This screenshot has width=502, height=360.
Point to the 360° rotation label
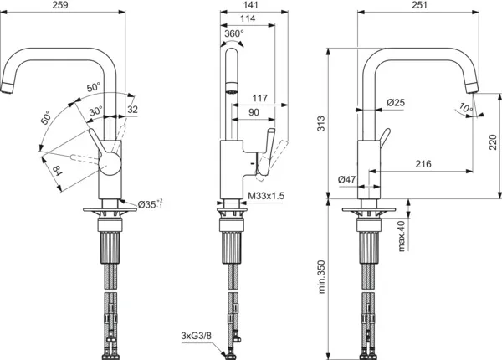[233, 35]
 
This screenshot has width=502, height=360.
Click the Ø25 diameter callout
[396, 103]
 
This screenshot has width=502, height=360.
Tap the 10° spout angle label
[465, 106]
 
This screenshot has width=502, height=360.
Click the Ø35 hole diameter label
[150, 203]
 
